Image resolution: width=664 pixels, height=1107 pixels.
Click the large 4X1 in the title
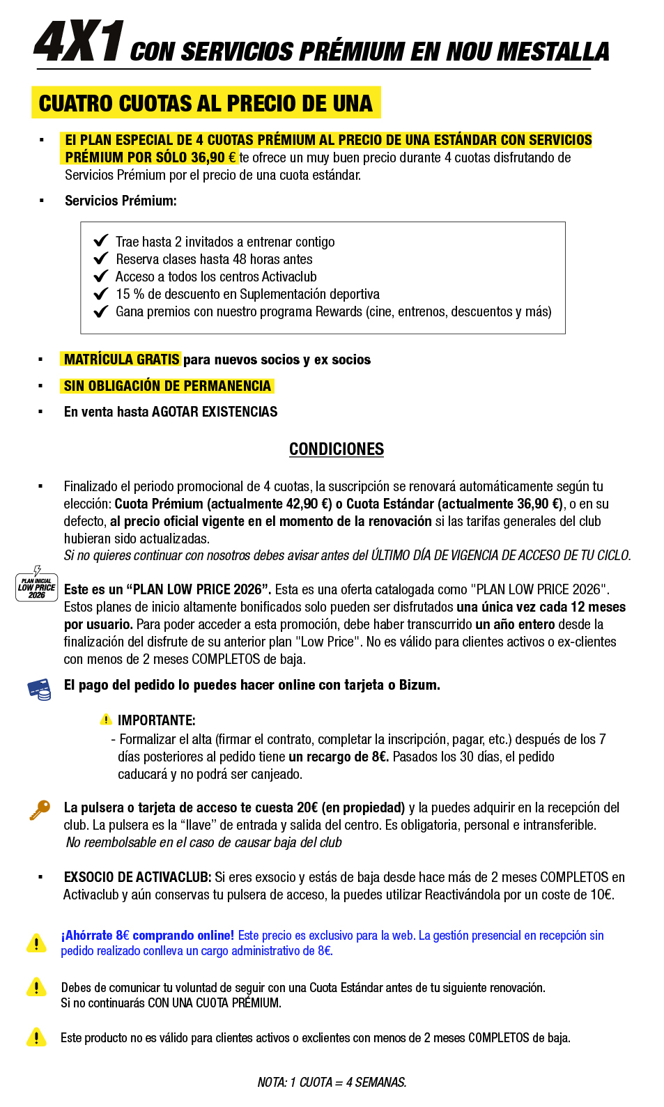[x=79, y=42]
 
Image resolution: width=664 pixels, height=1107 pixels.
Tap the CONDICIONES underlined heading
[x=337, y=449]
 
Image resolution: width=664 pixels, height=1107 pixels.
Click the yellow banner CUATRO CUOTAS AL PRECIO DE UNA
[x=206, y=103]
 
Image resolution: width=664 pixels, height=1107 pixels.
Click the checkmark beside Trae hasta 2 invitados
[x=101, y=241]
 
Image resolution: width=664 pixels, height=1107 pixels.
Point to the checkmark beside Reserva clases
[x=101, y=258]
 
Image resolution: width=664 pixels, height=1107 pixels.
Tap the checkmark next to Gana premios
[x=101, y=311]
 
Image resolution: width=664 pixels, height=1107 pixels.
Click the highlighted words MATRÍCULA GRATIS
[x=121, y=359]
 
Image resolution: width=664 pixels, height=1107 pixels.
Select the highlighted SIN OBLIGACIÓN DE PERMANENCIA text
[x=167, y=386]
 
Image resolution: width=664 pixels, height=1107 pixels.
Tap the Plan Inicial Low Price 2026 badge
[x=36, y=586]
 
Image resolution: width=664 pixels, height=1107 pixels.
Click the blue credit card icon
[x=39, y=689]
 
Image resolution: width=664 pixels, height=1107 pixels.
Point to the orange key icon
[x=40, y=810]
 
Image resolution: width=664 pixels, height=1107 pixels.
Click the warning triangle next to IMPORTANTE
[x=106, y=720]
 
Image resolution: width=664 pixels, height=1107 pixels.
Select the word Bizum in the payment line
[x=417, y=686]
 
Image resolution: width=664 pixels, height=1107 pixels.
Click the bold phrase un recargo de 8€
[x=339, y=757]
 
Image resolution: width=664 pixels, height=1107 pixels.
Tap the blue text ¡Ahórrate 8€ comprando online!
[x=148, y=936]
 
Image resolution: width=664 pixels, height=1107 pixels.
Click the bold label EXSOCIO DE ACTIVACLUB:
[x=137, y=877]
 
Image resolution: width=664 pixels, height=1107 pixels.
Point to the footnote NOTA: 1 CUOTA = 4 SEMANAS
[x=332, y=1082]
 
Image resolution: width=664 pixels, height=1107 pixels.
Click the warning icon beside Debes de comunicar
[x=36, y=987]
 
